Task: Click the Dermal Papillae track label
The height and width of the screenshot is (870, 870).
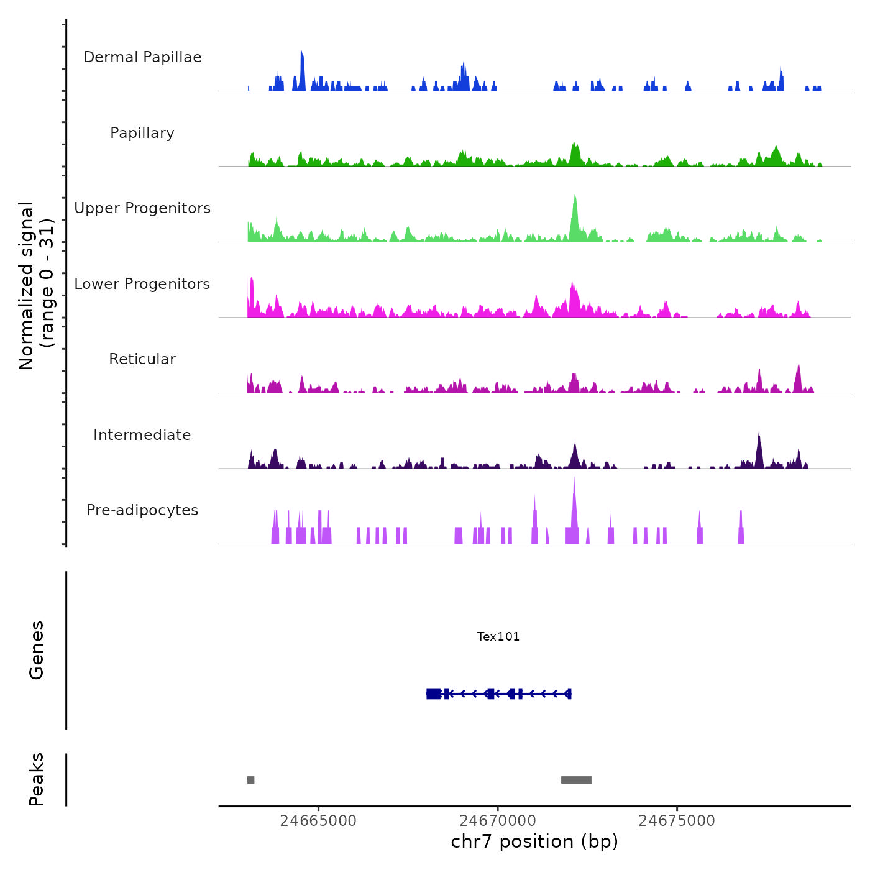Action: [x=142, y=57]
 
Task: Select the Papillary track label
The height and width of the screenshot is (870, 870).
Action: [x=142, y=133]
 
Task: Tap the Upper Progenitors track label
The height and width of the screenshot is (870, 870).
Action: [x=142, y=208]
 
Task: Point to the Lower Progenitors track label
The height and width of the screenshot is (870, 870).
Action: [x=142, y=284]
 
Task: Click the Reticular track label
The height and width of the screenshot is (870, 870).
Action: [x=142, y=359]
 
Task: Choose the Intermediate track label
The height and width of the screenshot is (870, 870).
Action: [x=142, y=435]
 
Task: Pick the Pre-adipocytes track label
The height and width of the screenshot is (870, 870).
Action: [x=142, y=510]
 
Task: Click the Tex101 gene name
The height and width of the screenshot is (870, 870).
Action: [x=498, y=636]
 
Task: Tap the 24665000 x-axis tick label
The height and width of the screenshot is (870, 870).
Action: [x=318, y=820]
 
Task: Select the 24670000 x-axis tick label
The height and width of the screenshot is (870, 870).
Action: [x=498, y=820]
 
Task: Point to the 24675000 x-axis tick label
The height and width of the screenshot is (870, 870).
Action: [x=677, y=820]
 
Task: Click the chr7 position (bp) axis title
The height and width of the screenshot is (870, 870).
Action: [x=534, y=841]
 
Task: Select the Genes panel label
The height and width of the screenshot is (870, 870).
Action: [x=37, y=650]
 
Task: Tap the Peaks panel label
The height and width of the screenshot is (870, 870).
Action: [x=37, y=779]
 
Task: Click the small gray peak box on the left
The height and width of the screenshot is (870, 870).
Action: [x=250, y=780]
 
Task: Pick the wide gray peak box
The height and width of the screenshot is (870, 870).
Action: [x=576, y=780]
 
